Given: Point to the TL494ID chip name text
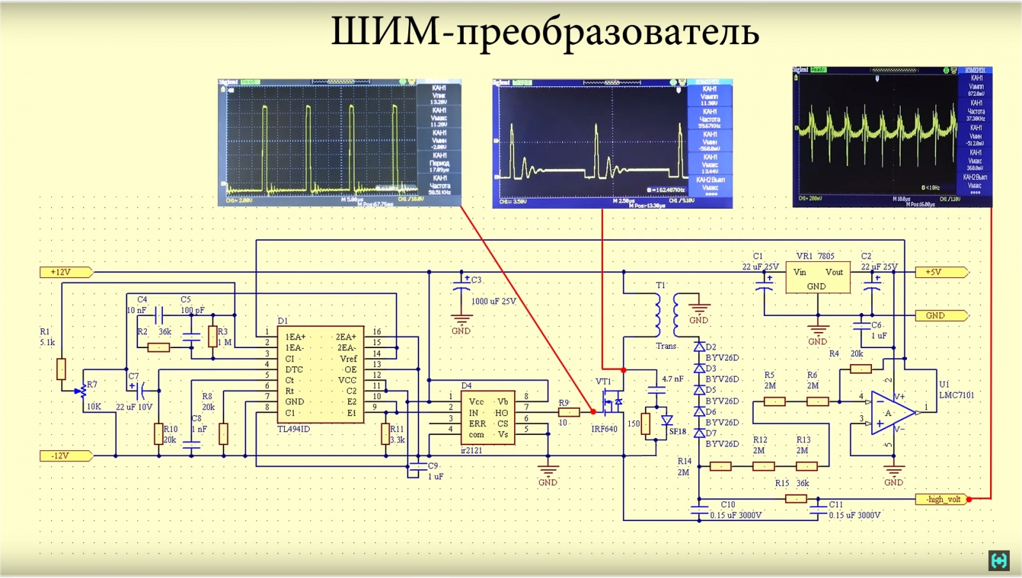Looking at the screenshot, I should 293,429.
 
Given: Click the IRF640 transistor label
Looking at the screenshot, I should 604,429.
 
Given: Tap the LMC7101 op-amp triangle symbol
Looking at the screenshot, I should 891,413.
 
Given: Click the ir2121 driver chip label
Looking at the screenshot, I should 471,450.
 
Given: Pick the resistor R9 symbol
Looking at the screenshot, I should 568,413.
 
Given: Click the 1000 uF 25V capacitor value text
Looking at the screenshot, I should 494,301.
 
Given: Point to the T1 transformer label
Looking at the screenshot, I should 660,285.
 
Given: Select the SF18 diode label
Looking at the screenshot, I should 678,432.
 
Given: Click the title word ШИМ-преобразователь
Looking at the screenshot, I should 545,32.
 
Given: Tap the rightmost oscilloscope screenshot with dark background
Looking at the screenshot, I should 892,137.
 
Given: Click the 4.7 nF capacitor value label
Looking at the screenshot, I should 673,379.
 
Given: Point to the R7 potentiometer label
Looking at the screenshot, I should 92,384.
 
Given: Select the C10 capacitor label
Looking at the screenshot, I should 728,505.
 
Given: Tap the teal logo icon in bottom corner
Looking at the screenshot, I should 999,560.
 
